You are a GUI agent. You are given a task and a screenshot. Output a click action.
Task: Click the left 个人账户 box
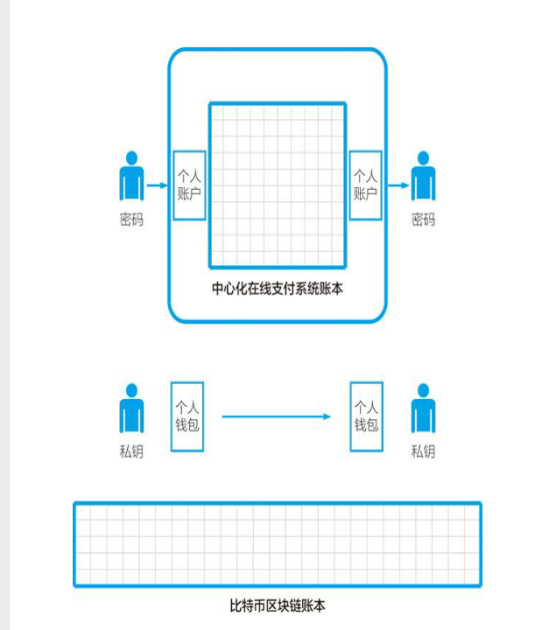coord(189,185)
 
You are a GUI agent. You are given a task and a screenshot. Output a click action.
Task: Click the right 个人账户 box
coord(365,185)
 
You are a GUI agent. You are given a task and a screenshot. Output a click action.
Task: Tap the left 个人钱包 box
coord(187,416)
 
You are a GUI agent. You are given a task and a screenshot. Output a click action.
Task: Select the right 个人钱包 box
coord(366,416)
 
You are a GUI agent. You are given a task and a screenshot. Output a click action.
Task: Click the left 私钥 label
coord(131,452)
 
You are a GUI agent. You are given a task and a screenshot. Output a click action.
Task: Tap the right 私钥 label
coord(423,452)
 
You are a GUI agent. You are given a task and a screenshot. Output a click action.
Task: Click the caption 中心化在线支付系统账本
coord(278,288)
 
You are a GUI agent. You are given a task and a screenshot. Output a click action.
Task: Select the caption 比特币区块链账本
coord(277,605)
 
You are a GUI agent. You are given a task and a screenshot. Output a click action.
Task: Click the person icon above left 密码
coord(132,178)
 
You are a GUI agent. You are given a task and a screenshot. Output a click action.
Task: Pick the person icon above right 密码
coord(424,178)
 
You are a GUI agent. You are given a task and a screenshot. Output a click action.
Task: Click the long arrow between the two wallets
coord(277,416)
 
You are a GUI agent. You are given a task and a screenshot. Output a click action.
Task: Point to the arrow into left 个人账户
coord(158,185)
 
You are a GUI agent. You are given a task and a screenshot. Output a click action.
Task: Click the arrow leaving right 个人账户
coord(396,185)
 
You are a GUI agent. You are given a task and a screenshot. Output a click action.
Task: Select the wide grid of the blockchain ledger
coord(277,543)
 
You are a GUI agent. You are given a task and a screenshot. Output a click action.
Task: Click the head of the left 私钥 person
coord(132,390)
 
